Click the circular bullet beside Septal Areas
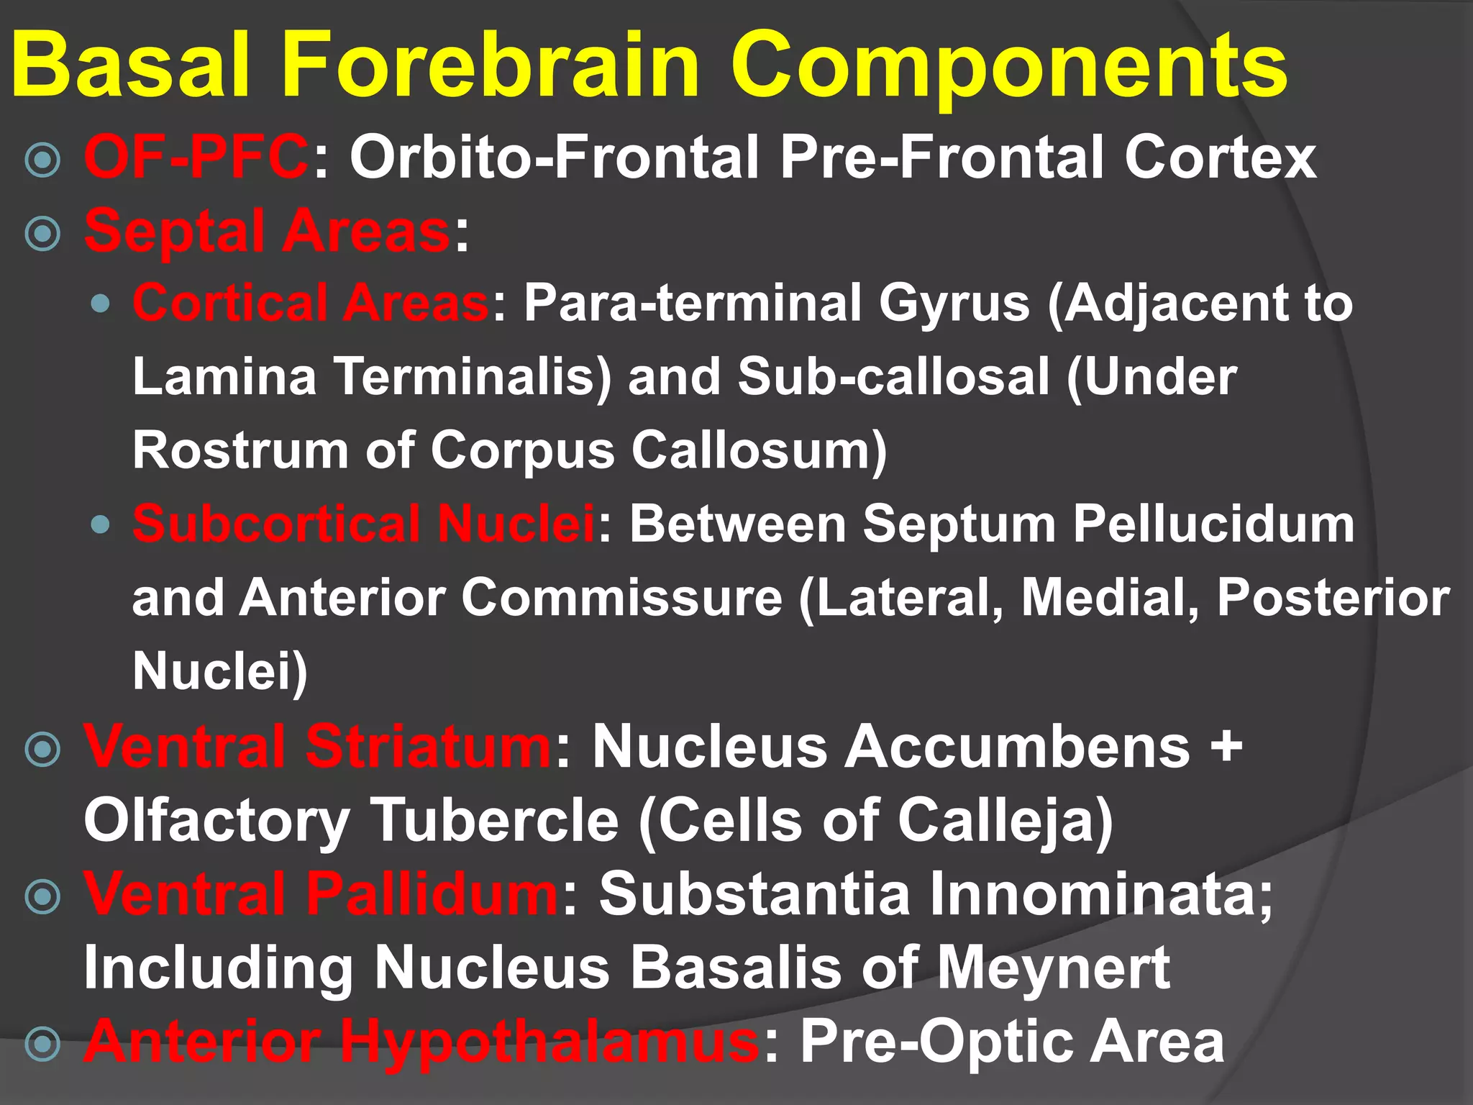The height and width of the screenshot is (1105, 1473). point(42,233)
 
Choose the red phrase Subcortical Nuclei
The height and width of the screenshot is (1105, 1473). point(364,524)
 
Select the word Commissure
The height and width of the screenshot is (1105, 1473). point(621,598)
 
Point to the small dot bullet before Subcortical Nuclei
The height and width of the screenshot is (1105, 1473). point(101,524)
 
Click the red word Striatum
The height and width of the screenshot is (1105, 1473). point(428,747)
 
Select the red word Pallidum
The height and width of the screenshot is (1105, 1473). point(432,894)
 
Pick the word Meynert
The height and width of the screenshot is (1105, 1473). point(1053,968)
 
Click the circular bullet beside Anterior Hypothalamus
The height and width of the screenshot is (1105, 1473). point(42,1043)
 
